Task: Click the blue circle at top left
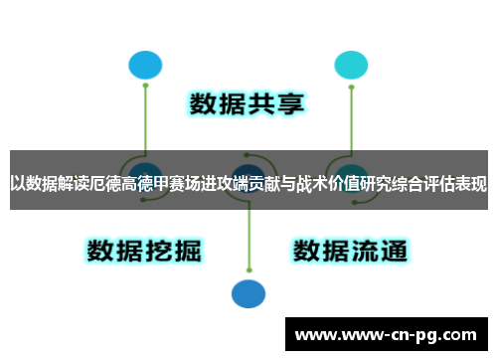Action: coord(145,65)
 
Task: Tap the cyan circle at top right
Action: coord(351,65)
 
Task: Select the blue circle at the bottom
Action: coord(248,292)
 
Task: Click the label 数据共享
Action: coord(248,103)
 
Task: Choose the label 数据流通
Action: coord(350,249)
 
